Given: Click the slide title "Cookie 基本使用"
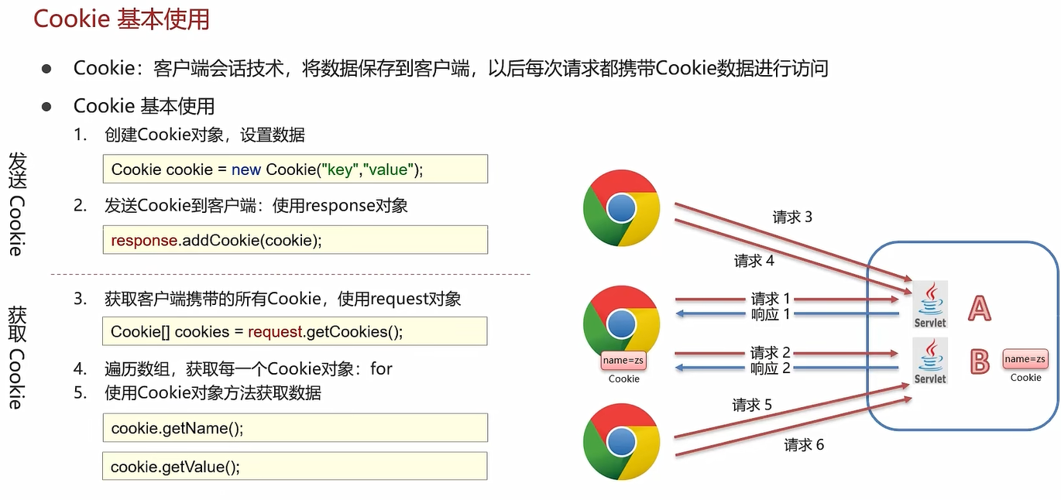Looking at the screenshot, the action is click(122, 19).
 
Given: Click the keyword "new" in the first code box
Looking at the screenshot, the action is click(246, 170).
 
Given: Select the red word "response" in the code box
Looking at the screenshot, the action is click(144, 241).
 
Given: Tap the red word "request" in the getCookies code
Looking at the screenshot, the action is click(275, 332).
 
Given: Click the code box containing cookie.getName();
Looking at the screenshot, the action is click(295, 427).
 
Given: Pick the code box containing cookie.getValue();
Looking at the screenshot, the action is click(294, 467).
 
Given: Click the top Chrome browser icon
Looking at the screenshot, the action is click(621, 208).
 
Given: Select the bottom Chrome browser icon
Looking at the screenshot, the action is click(621, 441).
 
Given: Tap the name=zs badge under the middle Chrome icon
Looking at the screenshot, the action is click(623, 361).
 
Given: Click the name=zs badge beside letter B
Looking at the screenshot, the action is click(1025, 359).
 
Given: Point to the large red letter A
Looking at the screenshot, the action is click(980, 308).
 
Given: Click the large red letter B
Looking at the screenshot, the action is click(980, 362).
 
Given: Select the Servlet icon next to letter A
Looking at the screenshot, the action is click(930, 304).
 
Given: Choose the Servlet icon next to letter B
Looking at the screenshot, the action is click(930, 361).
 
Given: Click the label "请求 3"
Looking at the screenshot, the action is click(792, 217).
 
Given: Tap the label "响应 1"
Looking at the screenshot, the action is click(770, 314).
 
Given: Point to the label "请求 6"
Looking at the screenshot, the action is click(804, 444).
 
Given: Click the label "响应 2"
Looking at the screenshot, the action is click(770, 368).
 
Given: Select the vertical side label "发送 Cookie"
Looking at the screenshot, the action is click(17, 204).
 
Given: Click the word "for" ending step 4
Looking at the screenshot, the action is click(381, 369).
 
